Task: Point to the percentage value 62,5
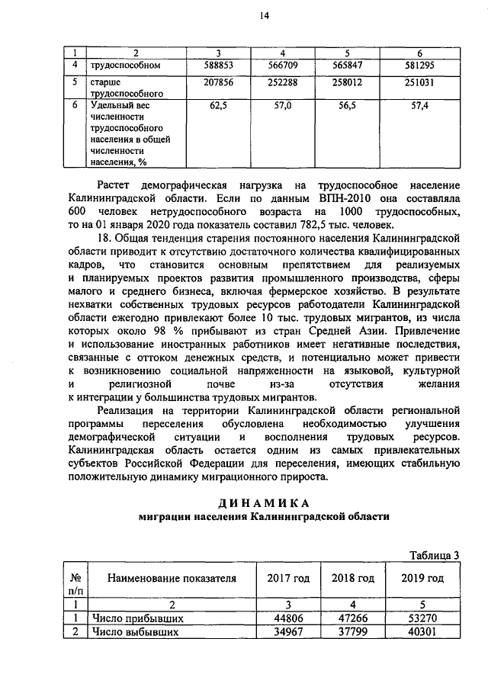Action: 219,106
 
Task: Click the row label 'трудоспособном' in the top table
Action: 126,66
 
